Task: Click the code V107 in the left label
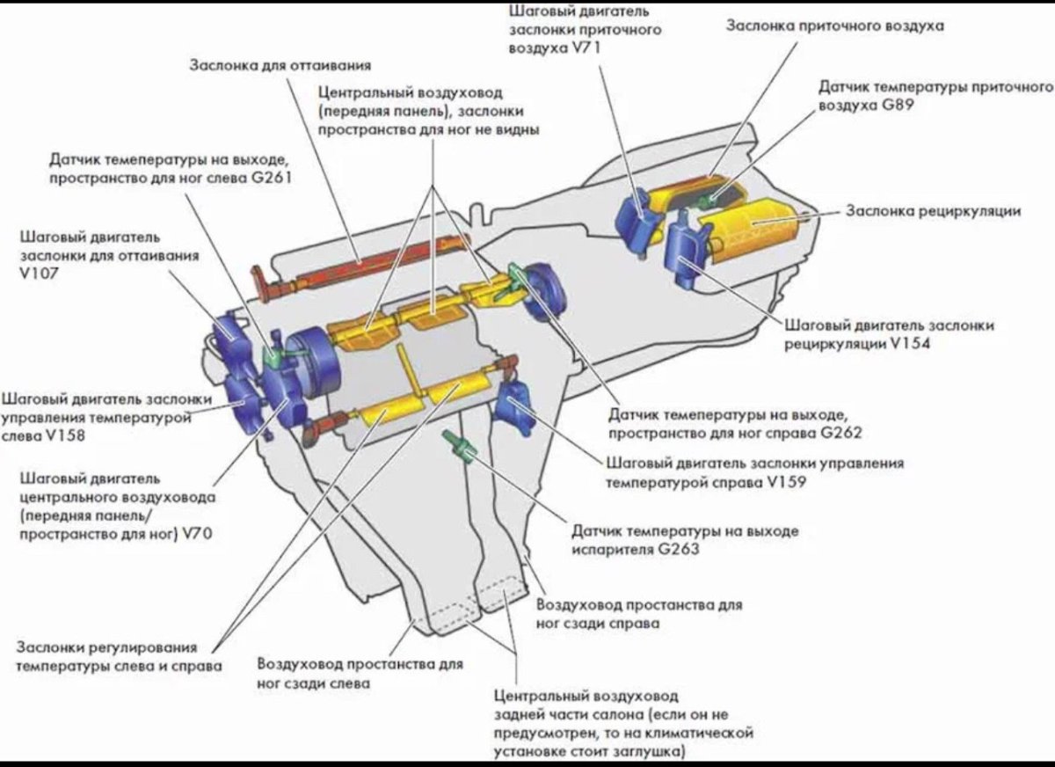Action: [x=37, y=274]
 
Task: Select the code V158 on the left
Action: [x=66, y=435]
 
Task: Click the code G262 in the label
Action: [x=840, y=433]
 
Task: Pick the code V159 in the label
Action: [x=785, y=482]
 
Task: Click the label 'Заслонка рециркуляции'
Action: [x=932, y=211]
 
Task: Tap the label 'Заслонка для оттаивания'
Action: [x=280, y=66]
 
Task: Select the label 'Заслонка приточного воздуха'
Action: [x=822, y=26]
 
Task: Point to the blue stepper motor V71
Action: [x=641, y=215]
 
